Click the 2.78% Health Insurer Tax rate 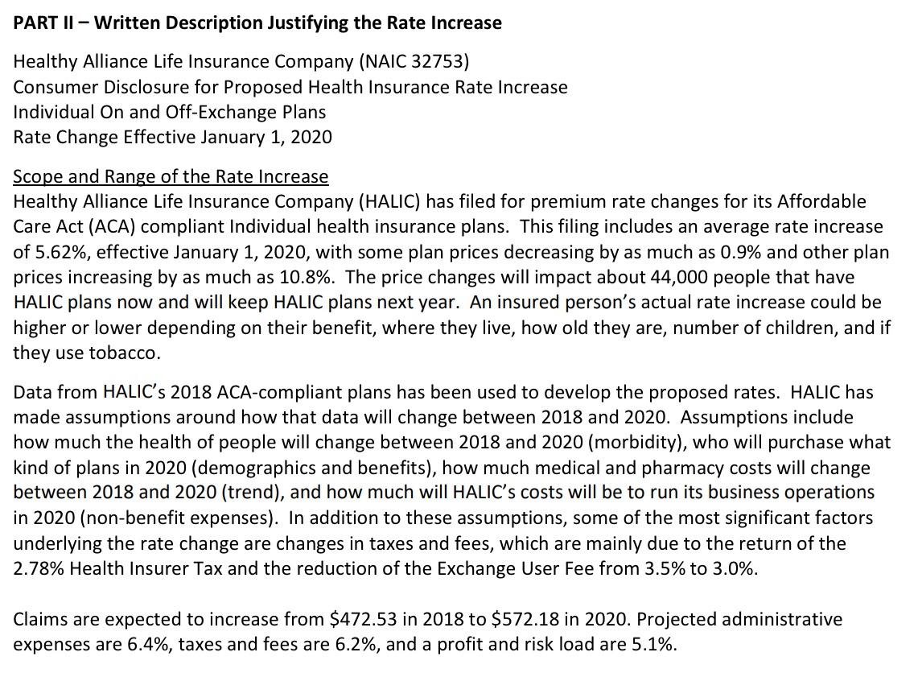click(38, 569)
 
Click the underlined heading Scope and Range click(171, 176)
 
